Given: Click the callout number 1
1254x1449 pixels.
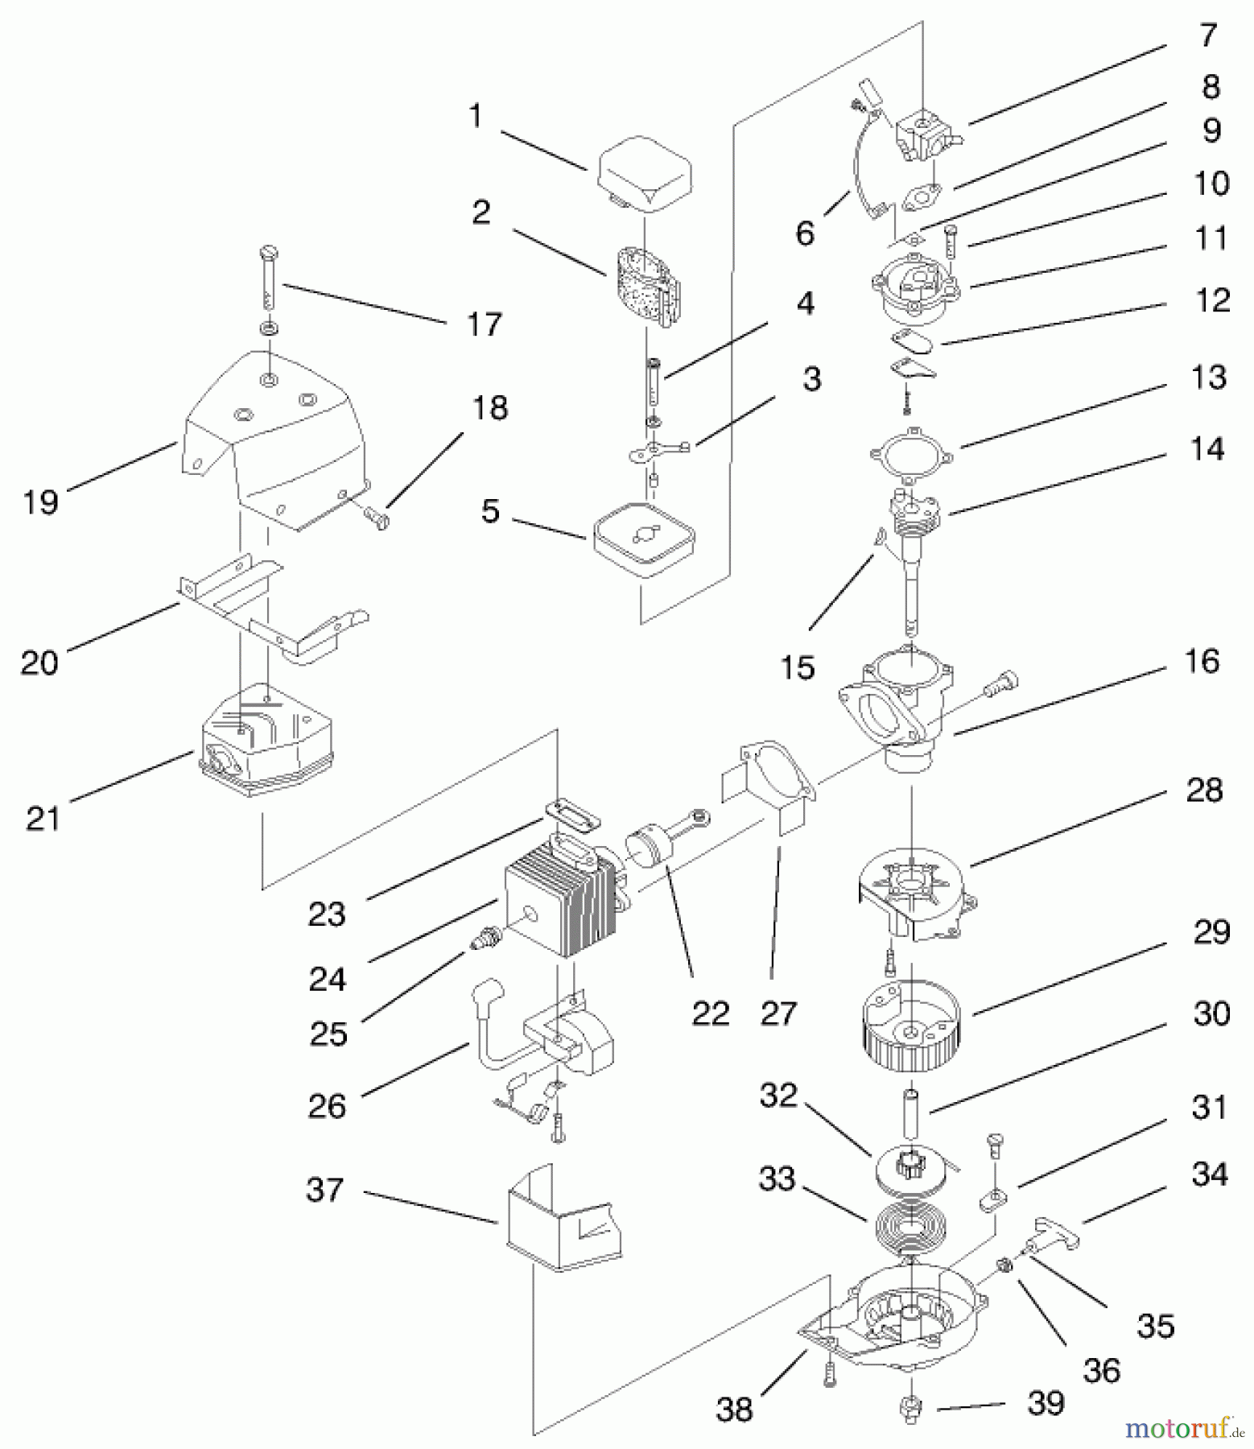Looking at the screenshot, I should [476, 117].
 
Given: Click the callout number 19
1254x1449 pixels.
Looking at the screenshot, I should [40, 502].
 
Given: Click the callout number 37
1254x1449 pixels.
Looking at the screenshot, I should [325, 1190].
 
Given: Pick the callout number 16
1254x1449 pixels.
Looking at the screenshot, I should [1202, 662].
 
